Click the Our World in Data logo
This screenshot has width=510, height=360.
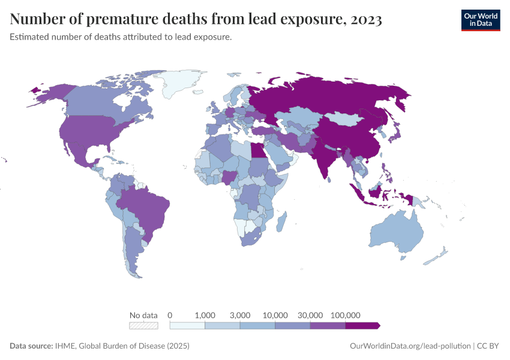point(480,20)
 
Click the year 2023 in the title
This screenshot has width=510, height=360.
point(364,20)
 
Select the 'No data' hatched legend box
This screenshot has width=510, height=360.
point(144,325)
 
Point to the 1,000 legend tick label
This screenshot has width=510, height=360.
point(205,315)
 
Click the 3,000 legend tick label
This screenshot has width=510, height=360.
point(240,315)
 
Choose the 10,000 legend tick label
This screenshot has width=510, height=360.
point(275,315)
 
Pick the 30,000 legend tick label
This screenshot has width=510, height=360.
point(310,315)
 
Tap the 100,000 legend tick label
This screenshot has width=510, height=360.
point(345,315)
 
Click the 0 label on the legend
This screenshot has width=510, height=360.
point(170,315)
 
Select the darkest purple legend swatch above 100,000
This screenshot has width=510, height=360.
point(362,325)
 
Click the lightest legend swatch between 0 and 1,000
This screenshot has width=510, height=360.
point(188,325)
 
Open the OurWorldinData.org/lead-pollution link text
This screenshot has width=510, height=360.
point(410,346)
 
